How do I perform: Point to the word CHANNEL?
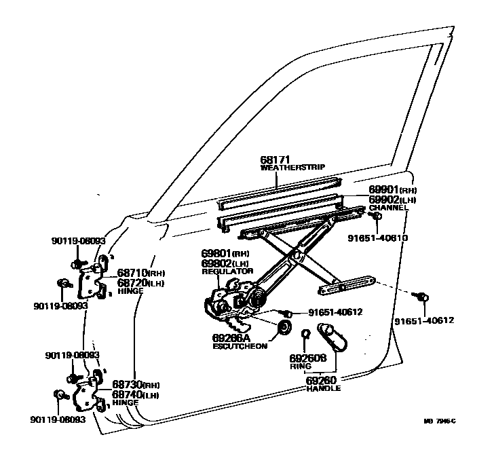tap(388, 208)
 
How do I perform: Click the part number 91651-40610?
tap(378, 238)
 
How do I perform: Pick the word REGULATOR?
tap(227, 271)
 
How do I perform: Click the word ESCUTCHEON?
tap(240, 345)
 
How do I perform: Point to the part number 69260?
tap(322, 381)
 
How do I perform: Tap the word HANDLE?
tap(323, 389)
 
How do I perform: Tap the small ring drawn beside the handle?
tap(305, 333)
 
